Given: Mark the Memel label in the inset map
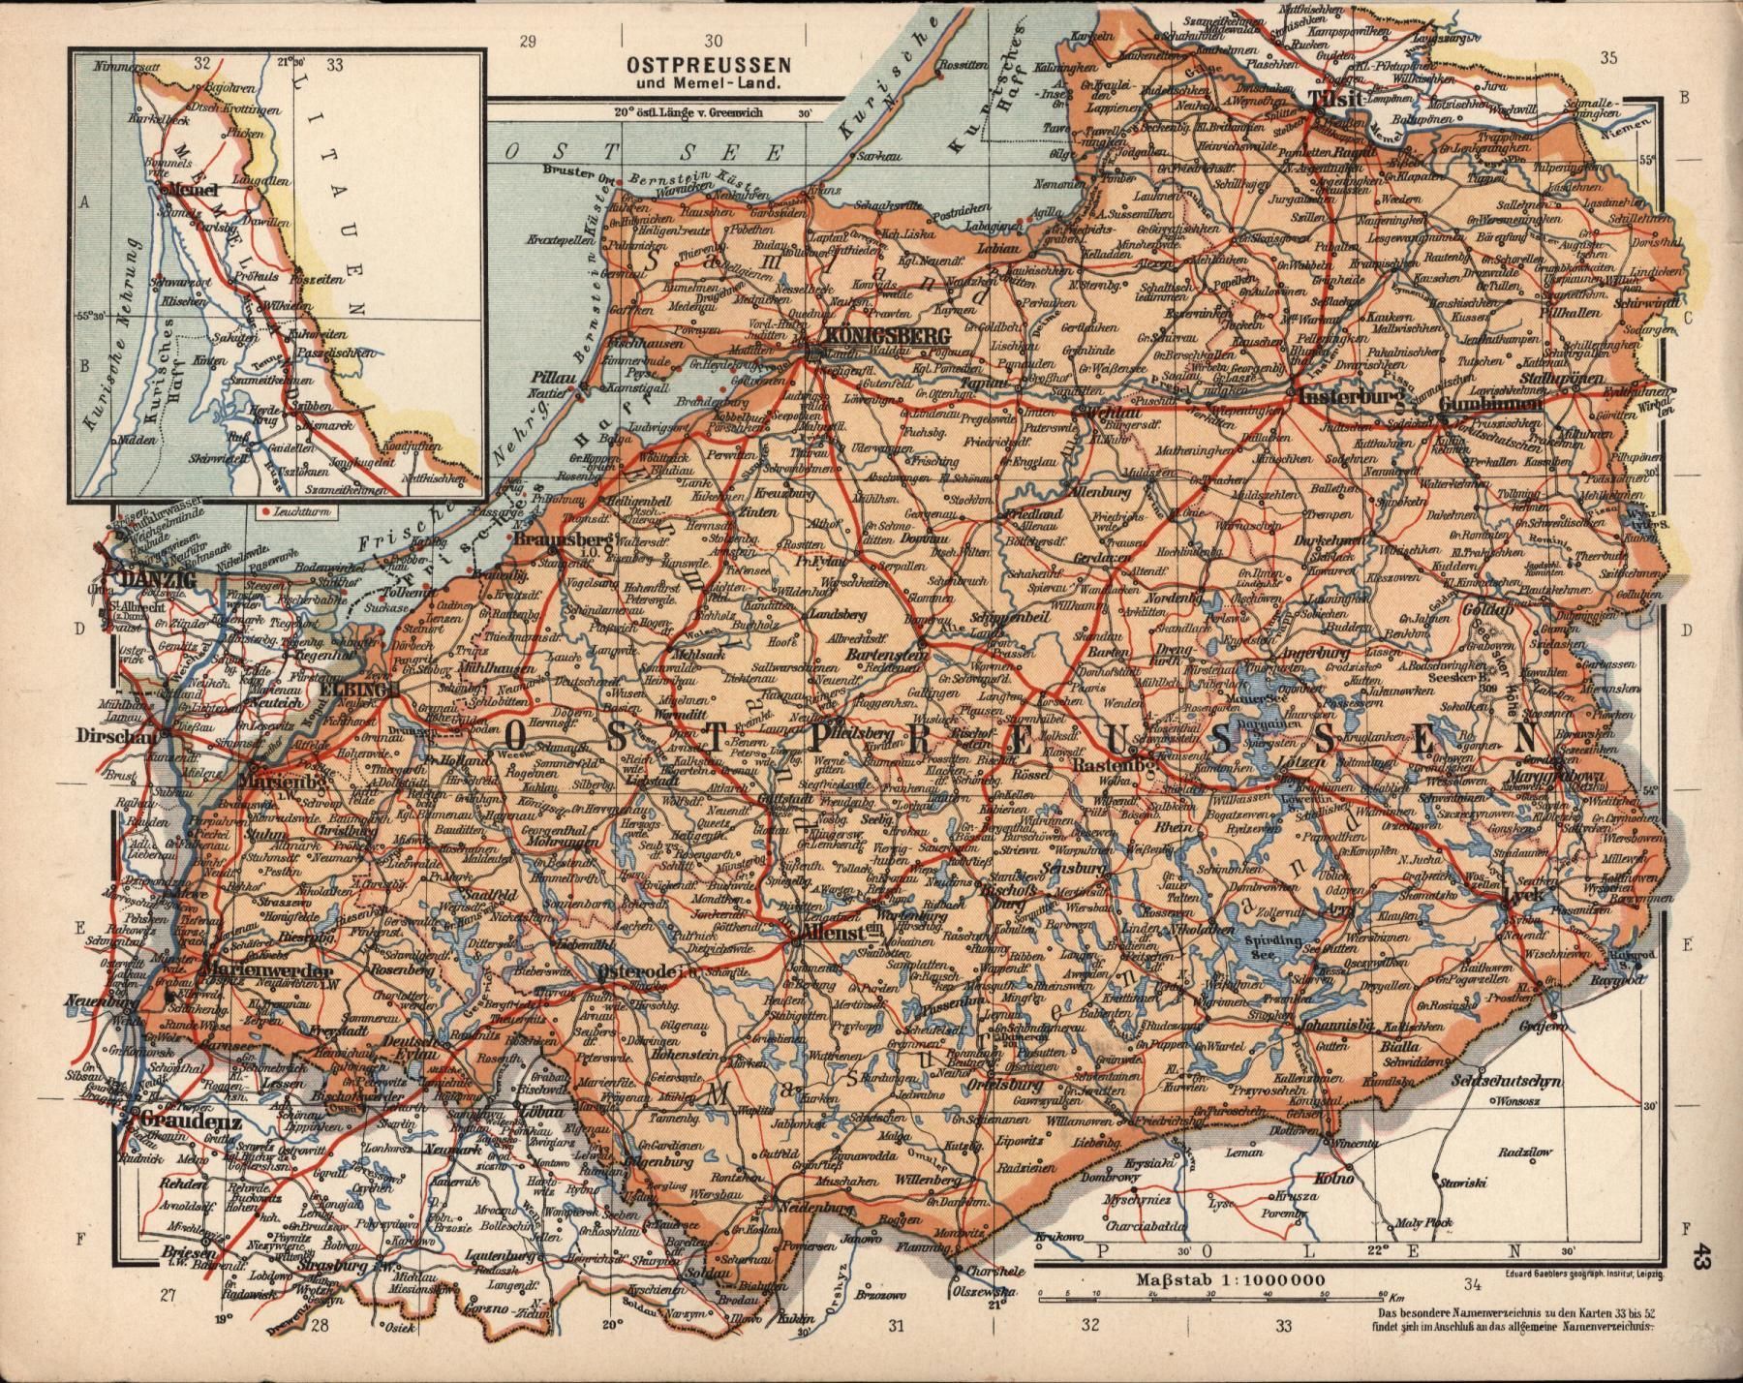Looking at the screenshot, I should click(x=190, y=190).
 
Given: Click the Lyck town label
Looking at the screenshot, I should click(x=1522, y=896).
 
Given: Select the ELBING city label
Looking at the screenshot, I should click(x=360, y=689).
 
